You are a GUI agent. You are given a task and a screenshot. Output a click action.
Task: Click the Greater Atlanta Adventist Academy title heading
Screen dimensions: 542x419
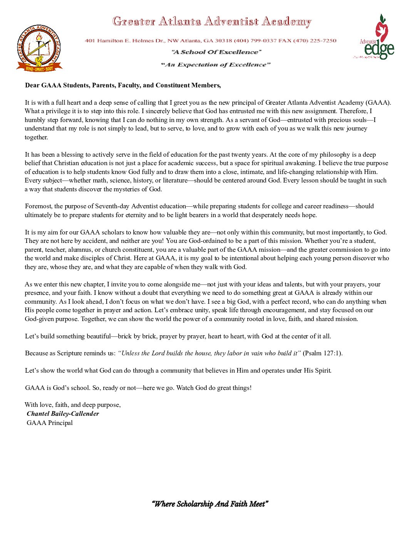coord(212,22)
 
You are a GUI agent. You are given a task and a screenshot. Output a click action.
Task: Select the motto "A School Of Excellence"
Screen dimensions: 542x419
coord(216,52)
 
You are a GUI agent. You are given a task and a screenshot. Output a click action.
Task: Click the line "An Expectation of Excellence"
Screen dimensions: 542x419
coord(216,65)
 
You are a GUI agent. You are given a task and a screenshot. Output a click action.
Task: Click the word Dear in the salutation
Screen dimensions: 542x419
coord(32,85)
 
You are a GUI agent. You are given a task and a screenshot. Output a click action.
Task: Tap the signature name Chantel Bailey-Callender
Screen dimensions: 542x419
coord(63,414)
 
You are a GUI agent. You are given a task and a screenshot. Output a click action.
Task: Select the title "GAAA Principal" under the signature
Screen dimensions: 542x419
coord(50,423)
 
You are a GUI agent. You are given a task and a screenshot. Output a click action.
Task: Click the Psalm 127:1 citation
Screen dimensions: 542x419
coord(322,353)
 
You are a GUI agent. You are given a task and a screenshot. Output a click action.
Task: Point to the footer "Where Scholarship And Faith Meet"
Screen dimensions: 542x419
coord(210,504)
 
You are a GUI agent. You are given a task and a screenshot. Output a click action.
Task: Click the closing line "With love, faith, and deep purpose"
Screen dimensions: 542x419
coord(73,405)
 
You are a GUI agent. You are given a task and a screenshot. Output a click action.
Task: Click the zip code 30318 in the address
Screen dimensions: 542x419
coord(223,41)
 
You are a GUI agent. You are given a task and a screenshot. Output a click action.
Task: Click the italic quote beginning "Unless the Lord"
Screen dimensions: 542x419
coord(209,353)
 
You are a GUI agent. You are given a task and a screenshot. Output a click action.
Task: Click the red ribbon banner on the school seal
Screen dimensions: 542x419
coord(39,69)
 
